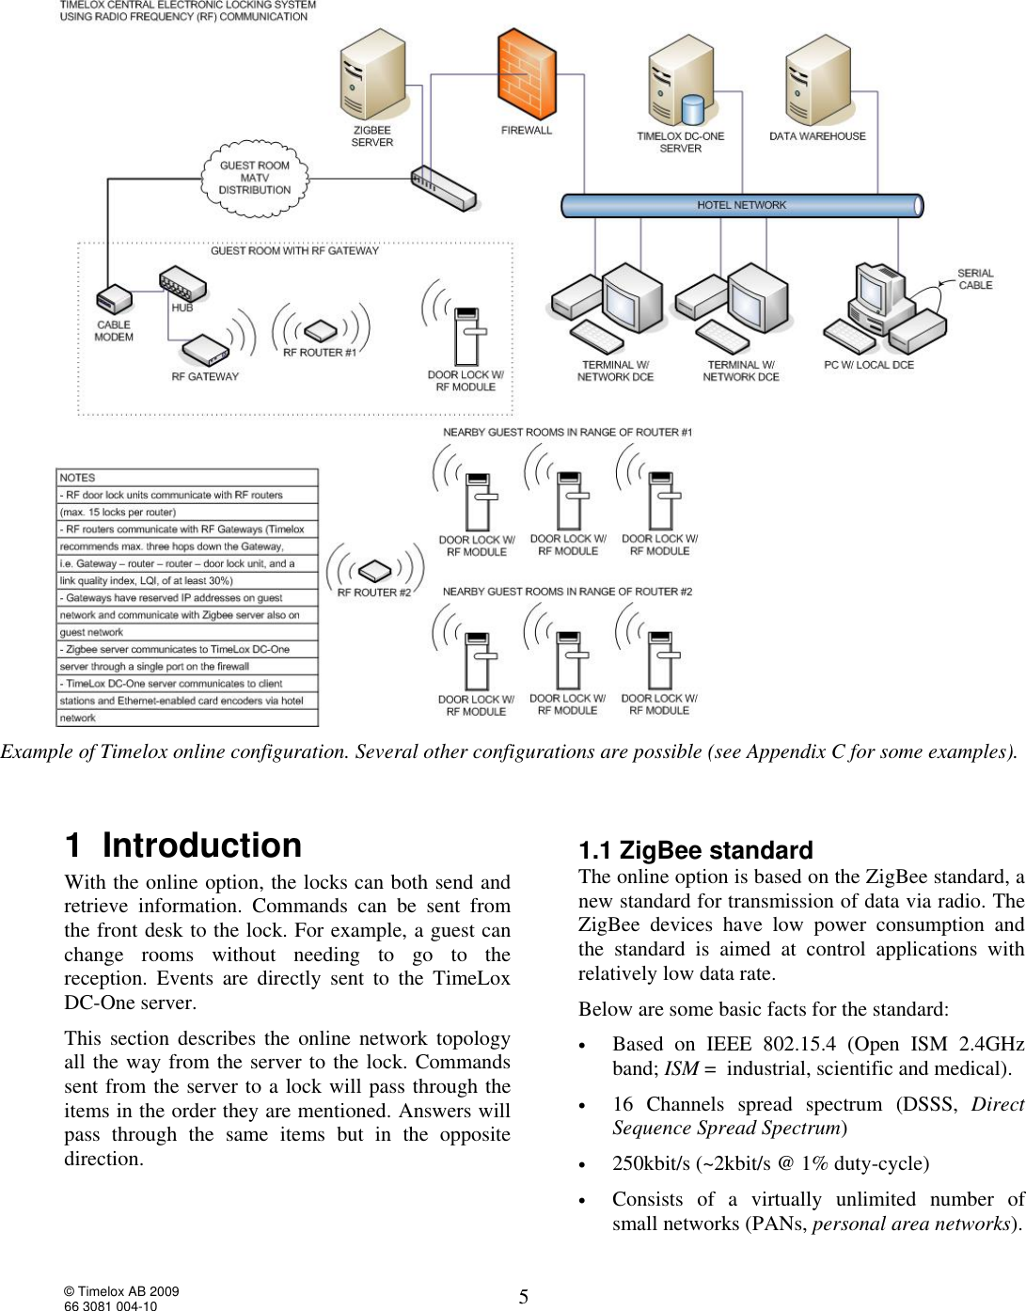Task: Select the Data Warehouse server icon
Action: (817, 80)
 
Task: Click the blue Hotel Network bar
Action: (741, 205)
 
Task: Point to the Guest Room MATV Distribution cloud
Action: (254, 177)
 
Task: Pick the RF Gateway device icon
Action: (205, 350)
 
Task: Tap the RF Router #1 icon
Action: (320, 330)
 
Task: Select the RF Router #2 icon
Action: (374, 571)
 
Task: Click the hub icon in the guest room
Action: (182, 282)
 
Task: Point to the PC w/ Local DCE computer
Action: (882, 306)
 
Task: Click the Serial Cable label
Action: (975, 279)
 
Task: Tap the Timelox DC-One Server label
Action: (680, 142)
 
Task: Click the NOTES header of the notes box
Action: (78, 478)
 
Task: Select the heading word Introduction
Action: (201, 845)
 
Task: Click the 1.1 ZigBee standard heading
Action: (695, 850)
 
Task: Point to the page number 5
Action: (524, 1297)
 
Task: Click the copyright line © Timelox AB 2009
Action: (121, 1291)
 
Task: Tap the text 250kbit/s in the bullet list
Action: (651, 1163)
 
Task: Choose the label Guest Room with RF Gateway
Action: (294, 251)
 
